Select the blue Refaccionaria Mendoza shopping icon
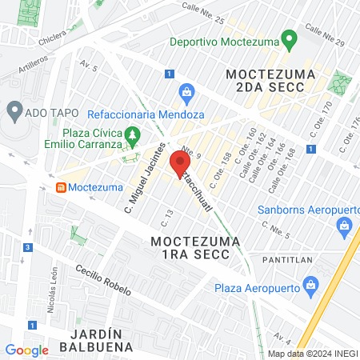pyautogui.click(x=186, y=92)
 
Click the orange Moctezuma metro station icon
pyautogui.click(x=60, y=187)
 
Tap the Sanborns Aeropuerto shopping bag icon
pyautogui.click(x=345, y=226)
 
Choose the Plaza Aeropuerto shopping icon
pyautogui.click(x=312, y=285)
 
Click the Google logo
pyautogui.click(x=26, y=350)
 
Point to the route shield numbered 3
pyautogui.click(x=27, y=248)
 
